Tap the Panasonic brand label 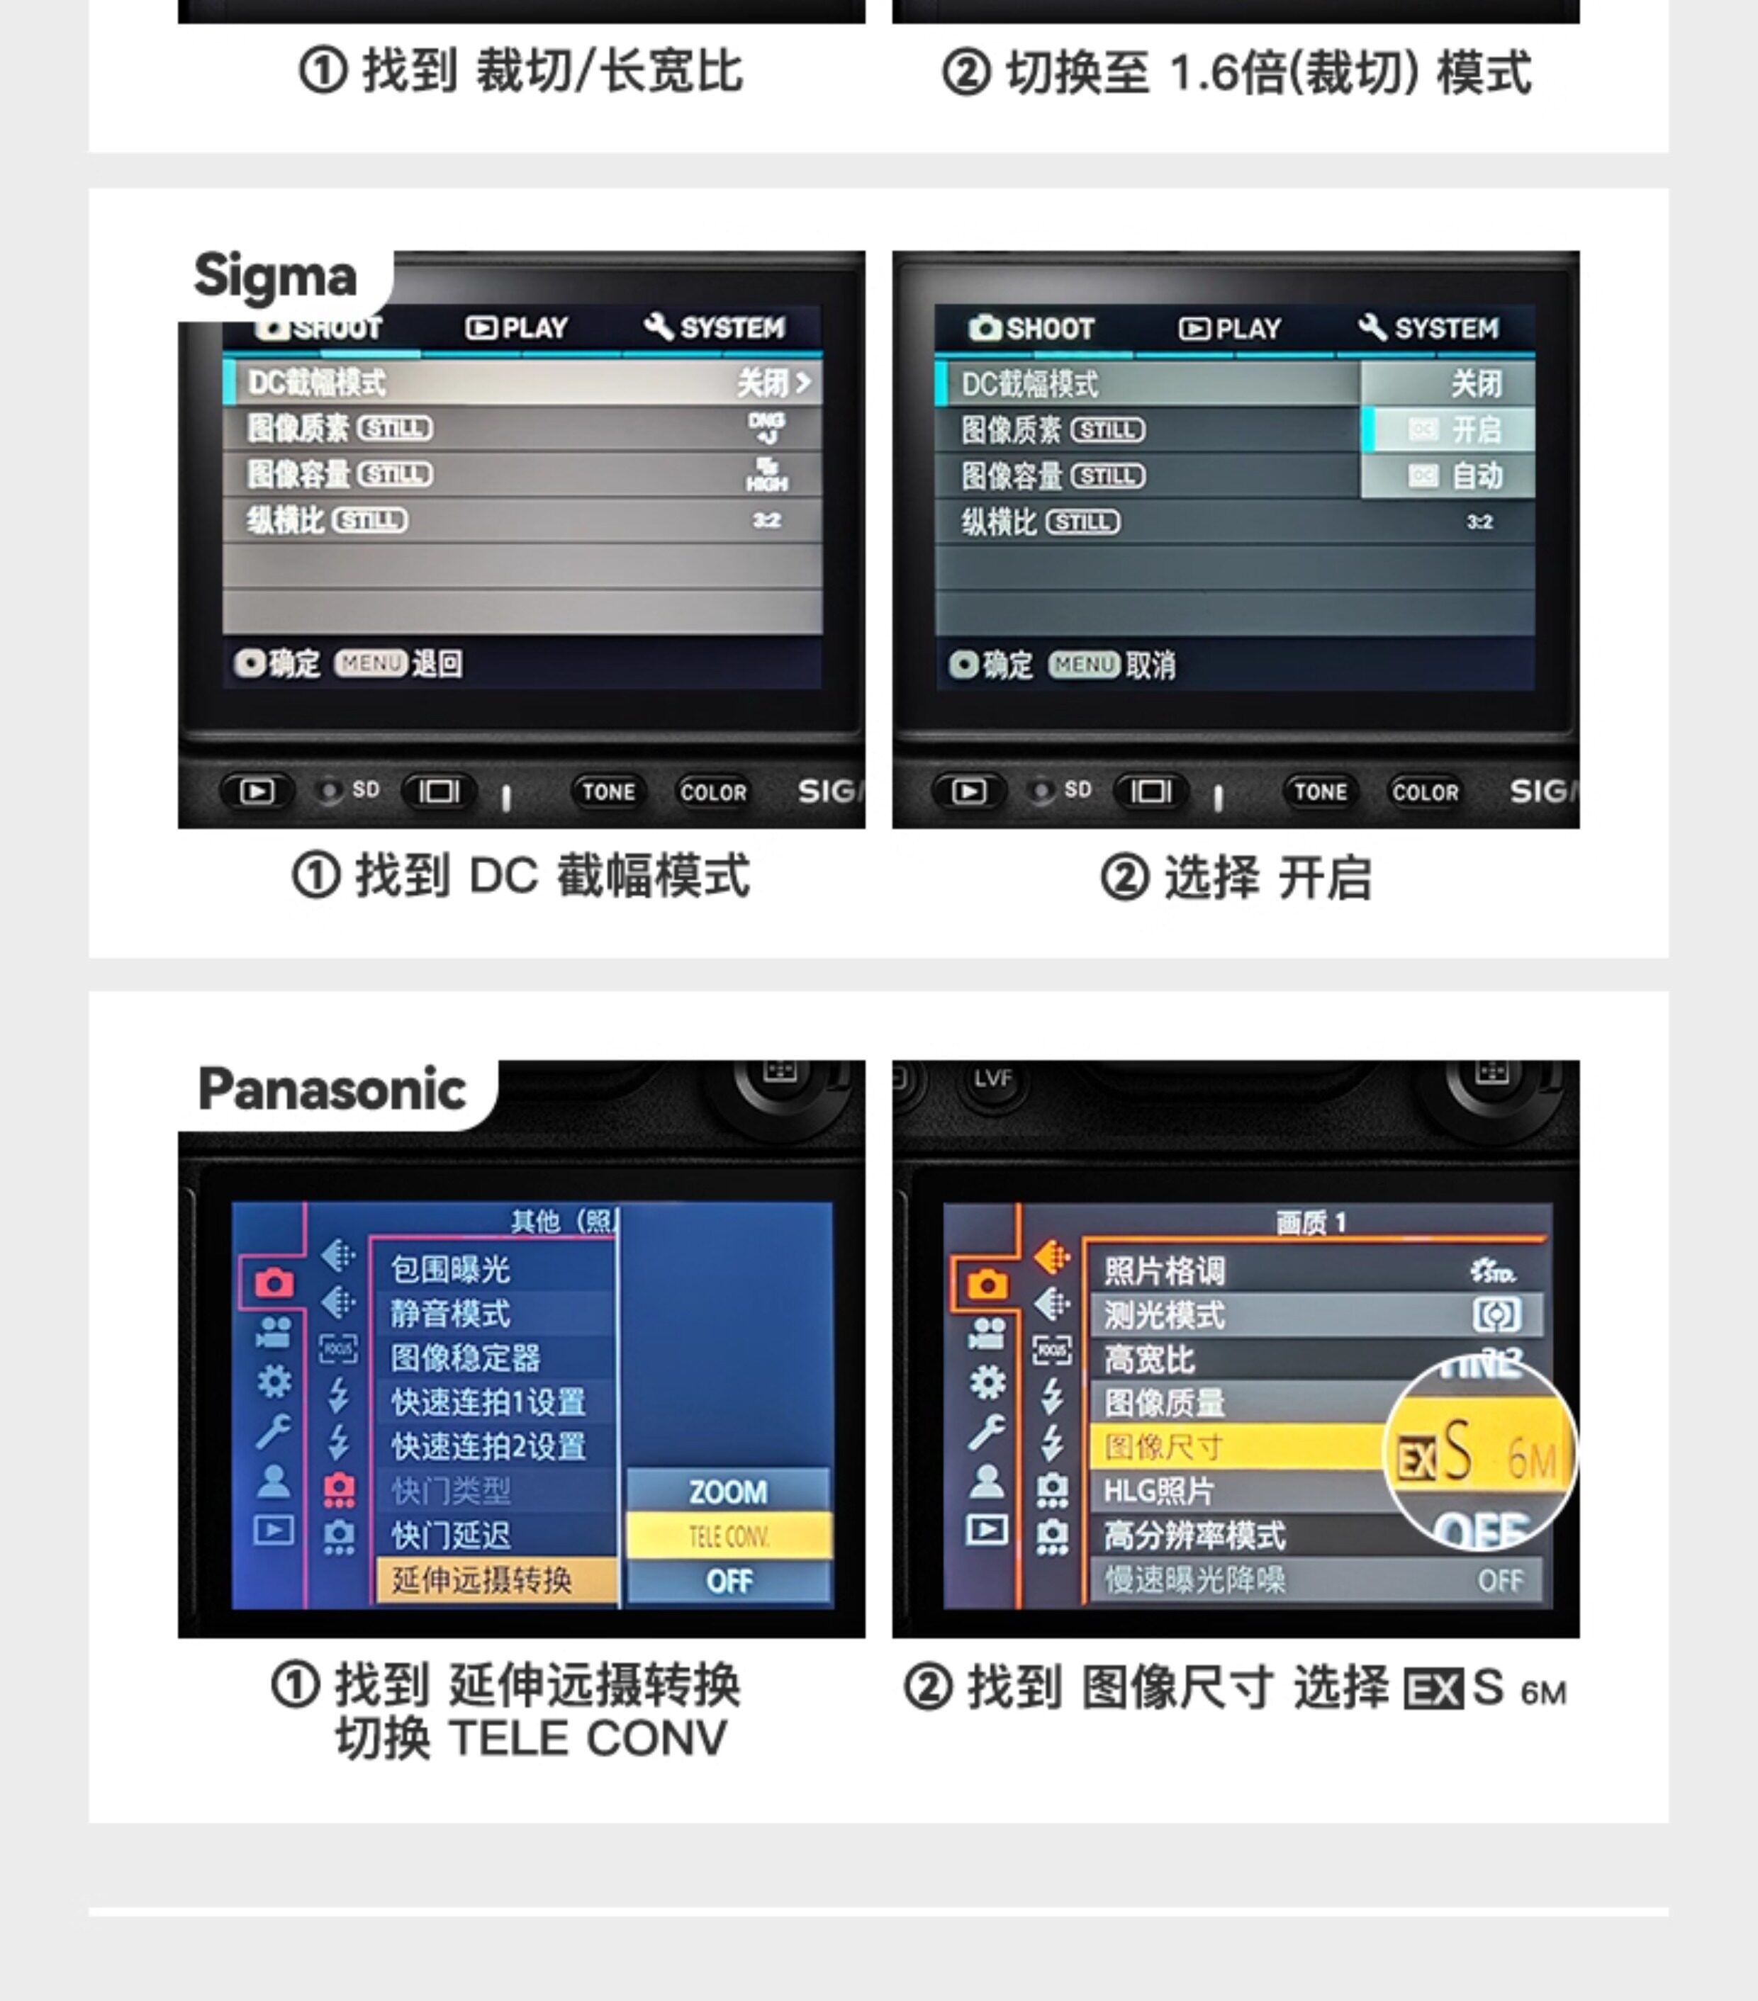tap(332, 1088)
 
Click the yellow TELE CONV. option tap(729, 1536)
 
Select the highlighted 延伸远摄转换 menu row tap(495, 1579)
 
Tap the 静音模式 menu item tap(451, 1313)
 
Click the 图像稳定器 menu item tap(465, 1357)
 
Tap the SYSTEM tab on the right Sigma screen tap(1430, 328)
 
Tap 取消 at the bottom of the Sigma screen tap(1150, 665)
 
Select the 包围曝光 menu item tap(451, 1269)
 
